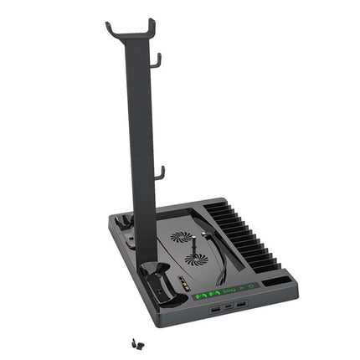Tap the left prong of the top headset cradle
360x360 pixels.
click(111, 31)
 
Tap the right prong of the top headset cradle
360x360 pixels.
click(152, 27)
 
